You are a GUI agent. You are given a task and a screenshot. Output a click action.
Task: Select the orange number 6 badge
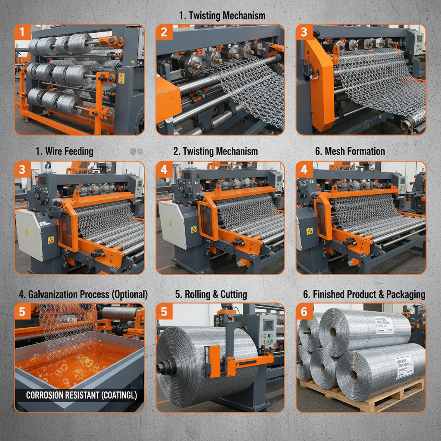point(304,311)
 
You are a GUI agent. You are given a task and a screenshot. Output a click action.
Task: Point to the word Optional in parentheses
point(129,295)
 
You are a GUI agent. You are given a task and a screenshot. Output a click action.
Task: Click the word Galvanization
point(54,295)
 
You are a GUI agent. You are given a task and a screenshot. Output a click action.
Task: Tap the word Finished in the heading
point(331,295)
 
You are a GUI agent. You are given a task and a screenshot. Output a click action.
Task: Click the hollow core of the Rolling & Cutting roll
point(163,367)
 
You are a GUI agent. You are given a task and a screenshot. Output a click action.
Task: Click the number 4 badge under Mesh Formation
point(304,170)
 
